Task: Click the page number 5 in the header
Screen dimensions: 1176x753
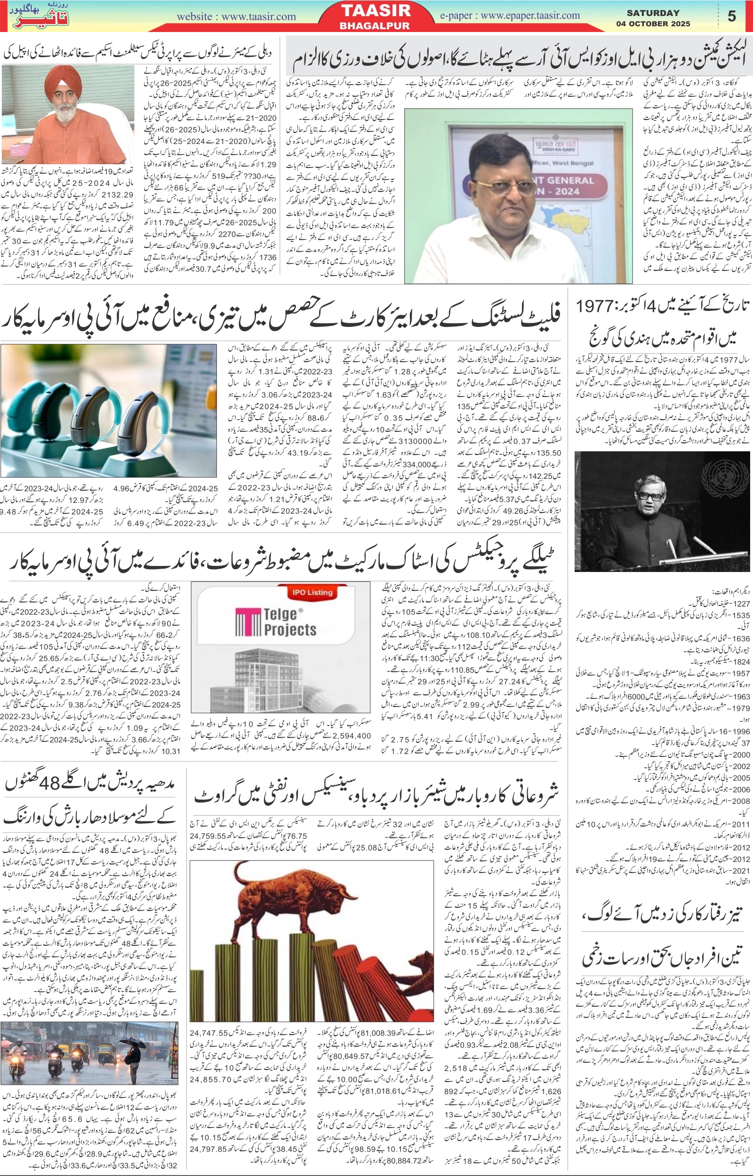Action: tap(731, 16)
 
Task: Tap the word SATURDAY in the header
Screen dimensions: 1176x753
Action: tap(653, 13)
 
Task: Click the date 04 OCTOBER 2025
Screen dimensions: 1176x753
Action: tap(653, 24)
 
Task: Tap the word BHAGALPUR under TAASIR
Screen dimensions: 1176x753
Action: tap(375, 25)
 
